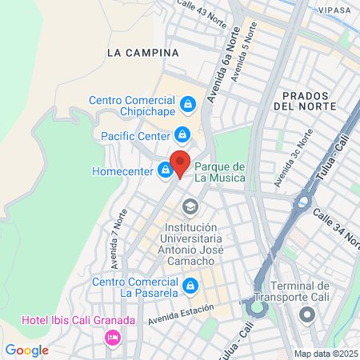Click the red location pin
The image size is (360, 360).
180,162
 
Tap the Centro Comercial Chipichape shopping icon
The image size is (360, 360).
187,103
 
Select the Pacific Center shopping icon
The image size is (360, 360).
182,134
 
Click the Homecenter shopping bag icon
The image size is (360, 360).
165,170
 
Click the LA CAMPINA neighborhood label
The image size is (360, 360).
142,52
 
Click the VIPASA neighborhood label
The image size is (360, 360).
334,10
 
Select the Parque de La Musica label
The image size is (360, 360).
220,170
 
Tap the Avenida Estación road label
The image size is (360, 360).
182,310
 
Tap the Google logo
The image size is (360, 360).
27,350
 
